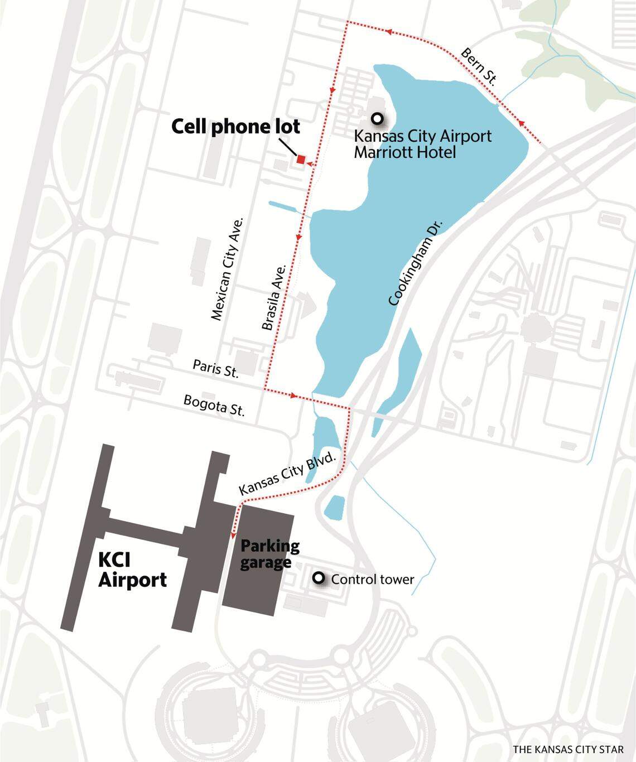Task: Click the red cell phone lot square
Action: (301, 160)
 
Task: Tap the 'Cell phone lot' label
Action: (235, 127)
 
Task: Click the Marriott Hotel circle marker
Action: (378, 118)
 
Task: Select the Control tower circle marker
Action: (319, 578)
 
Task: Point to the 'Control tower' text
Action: (373, 580)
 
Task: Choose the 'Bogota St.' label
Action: (214, 406)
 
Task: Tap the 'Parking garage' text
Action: (270, 553)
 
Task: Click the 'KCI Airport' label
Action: (132, 570)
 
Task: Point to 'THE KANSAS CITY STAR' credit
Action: (568, 749)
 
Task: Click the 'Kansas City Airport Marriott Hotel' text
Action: (423, 143)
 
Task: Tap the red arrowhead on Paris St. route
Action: (293, 396)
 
